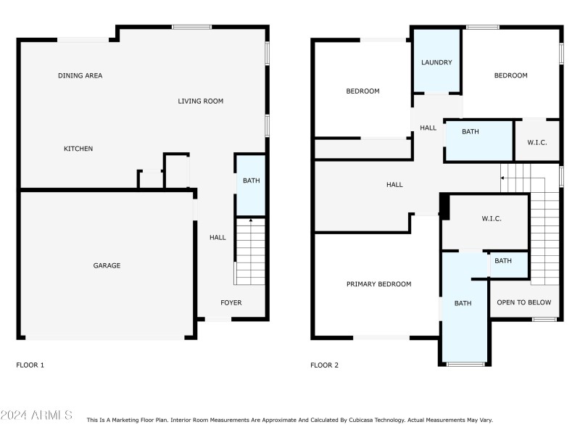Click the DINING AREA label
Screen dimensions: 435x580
(80, 75)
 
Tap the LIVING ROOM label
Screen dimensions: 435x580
(200, 101)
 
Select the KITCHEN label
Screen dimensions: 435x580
(78, 149)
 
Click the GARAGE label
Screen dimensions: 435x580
(107, 265)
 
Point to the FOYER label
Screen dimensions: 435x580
(231, 302)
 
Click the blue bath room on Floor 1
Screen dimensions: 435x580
(251, 185)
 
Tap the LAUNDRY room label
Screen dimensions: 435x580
(436, 62)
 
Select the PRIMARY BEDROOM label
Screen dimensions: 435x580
(378, 284)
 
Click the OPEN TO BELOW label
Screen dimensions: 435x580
(524, 302)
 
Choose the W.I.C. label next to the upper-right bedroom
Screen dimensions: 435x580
(537, 142)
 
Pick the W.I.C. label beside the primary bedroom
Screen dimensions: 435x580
(492, 219)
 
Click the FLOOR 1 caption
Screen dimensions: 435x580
(30, 365)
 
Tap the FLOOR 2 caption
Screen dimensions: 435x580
(324, 365)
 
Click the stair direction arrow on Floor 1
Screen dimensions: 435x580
(251, 221)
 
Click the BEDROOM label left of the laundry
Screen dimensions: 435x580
(362, 91)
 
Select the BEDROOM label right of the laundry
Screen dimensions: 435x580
(510, 75)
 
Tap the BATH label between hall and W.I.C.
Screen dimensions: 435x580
(471, 132)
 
